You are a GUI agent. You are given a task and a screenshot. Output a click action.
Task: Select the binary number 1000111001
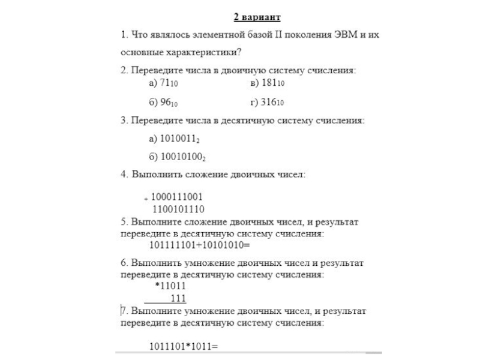[178, 197]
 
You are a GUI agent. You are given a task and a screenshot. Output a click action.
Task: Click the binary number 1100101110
[178, 209]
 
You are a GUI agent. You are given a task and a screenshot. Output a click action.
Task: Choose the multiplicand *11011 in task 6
[171, 286]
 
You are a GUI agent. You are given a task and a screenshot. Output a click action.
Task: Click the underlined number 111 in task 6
[178, 298]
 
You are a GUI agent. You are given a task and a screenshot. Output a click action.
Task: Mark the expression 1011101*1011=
[183, 346]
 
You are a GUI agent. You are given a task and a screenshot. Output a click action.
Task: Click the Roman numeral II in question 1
[278, 35]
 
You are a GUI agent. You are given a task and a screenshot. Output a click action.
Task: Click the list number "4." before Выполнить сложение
[124, 175]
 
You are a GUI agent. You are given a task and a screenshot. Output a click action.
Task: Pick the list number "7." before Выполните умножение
[124, 311]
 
